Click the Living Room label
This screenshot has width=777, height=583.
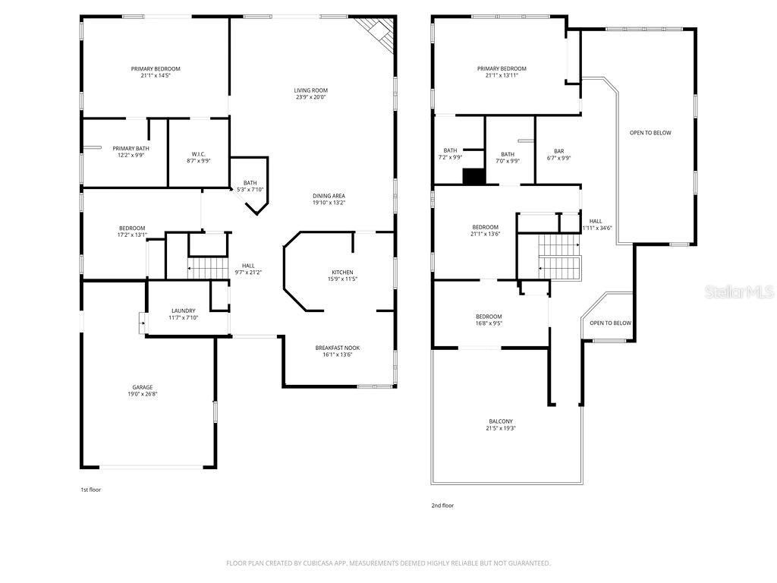(311, 90)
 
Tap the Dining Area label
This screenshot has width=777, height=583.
(329, 196)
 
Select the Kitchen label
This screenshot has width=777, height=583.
(342, 272)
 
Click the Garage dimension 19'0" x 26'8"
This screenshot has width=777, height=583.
(143, 395)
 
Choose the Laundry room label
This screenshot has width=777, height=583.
(183, 310)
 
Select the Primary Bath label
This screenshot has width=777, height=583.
(131, 148)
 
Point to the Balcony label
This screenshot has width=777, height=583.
(501, 421)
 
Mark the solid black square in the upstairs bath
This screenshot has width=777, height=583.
(473, 176)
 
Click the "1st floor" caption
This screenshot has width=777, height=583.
(90, 490)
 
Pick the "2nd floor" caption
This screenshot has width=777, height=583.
(442, 505)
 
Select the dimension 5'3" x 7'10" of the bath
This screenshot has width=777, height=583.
(250, 190)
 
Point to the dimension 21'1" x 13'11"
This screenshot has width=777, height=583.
(501, 75)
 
